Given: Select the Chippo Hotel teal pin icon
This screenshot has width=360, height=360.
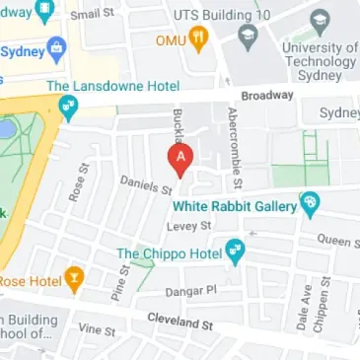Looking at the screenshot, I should [x=235, y=253].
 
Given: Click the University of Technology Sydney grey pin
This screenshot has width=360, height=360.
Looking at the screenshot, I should [x=319, y=21].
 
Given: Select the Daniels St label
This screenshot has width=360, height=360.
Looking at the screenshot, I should [x=146, y=184].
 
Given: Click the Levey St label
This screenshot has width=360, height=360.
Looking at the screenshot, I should [x=189, y=226].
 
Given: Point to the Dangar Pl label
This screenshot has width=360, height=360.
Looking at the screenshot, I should [x=190, y=290].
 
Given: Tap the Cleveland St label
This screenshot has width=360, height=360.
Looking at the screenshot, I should [x=180, y=322].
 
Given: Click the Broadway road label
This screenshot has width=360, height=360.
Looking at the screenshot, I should [x=269, y=96].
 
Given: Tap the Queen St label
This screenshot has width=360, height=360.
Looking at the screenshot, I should [x=337, y=240].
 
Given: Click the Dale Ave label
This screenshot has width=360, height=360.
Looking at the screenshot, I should [x=305, y=308].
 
